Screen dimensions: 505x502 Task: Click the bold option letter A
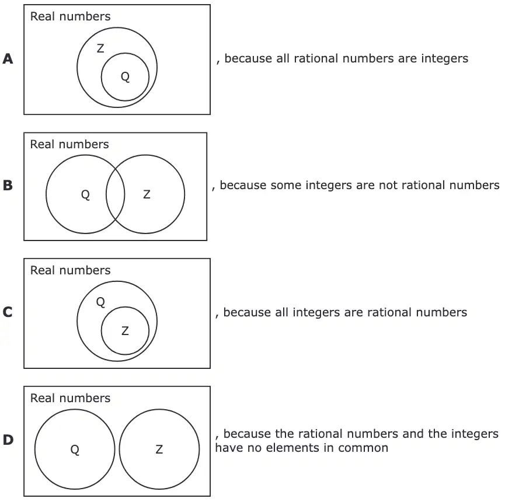pos(8,58)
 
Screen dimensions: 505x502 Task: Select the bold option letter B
pos(8,185)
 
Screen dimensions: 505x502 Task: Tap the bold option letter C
pos(8,312)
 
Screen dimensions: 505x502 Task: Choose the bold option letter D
pos(8,440)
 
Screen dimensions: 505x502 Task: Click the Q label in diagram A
pos(126,77)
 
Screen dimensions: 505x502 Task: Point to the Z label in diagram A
pos(100,48)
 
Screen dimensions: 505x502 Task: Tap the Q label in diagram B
pos(85,195)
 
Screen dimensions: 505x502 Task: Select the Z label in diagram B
pos(147,194)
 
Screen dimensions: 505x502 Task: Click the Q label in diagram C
pos(100,302)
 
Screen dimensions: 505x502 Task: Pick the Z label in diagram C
pos(126,331)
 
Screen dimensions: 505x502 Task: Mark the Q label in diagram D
pos(75,450)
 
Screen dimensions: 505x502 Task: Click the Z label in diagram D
pos(159,449)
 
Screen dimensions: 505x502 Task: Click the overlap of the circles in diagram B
pos(115,194)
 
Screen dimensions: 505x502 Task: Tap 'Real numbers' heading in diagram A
pos(70,16)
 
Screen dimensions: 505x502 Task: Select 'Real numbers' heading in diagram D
pos(70,398)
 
